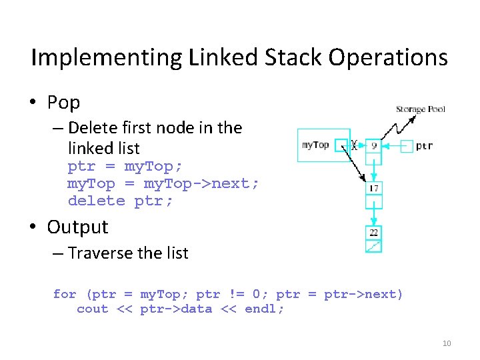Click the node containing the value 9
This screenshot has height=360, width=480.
coord(374,144)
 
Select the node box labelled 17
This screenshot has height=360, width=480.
coord(374,189)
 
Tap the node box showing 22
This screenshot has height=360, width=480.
coord(374,232)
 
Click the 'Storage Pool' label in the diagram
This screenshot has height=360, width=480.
coord(420,109)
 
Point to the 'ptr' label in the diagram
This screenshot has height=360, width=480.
coord(425,145)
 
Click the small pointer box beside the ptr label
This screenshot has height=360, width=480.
coord(407,145)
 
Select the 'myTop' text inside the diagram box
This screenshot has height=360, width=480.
coord(315,145)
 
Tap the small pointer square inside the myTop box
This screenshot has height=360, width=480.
coord(341,145)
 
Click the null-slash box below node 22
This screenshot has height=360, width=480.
coord(374,246)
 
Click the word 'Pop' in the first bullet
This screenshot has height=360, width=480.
coord(63,103)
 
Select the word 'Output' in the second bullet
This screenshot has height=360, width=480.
coord(77,227)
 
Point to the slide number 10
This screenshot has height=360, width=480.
coord(447,343)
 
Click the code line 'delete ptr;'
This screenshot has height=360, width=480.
coord(120,201)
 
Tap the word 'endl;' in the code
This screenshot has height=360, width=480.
coord(265,309)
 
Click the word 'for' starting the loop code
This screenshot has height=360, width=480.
coord(65,294)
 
